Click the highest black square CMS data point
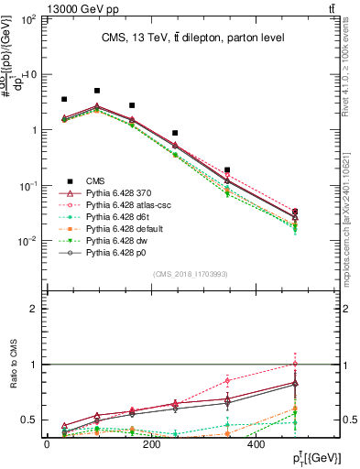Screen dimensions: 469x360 97,91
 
